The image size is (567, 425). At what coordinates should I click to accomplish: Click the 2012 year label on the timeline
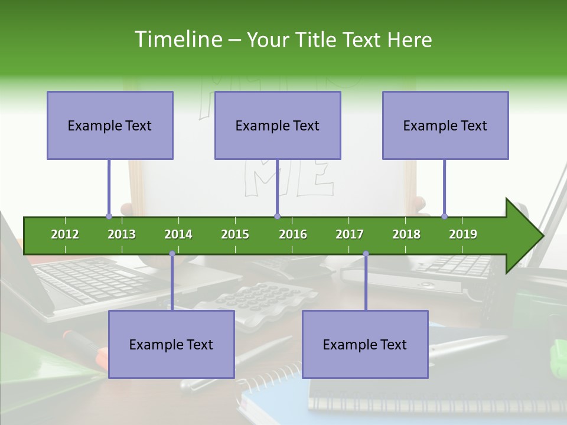(65, 234)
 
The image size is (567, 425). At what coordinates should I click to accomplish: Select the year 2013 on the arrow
(122, 234)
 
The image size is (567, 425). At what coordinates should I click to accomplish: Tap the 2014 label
(178, 234)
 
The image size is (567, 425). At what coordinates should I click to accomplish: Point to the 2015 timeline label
(235, 234)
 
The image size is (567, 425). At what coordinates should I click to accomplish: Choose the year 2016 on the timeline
(293, 234)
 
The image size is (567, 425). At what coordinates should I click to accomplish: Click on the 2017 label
(350, 234)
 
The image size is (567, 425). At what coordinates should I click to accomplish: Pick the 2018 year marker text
(406, 234)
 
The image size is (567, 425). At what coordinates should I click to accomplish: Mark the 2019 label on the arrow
(463, 234)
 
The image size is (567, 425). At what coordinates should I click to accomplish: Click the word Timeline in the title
(177, 40)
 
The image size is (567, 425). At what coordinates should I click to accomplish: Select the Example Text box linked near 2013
(110, 126)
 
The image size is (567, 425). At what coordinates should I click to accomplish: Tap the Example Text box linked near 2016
(278, 126)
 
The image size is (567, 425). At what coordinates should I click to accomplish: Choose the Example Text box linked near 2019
(445, 126)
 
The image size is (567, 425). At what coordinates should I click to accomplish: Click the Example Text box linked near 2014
(171, 344)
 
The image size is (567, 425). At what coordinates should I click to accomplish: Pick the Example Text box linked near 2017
(365, 344)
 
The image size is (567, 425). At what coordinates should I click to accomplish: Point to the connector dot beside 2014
(172, 254)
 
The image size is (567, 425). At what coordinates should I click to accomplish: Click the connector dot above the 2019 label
(445, 216)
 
